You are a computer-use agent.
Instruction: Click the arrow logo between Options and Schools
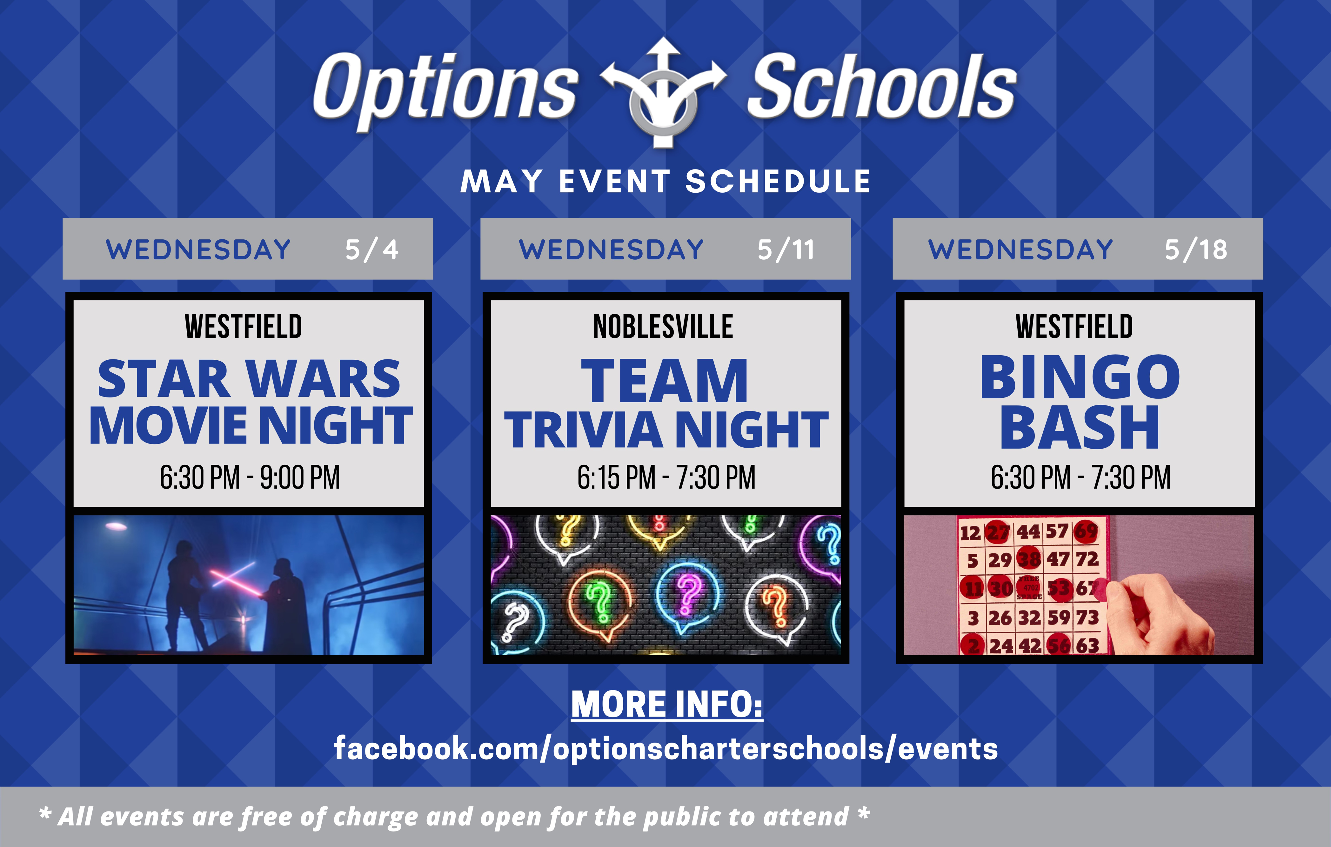tap(663, 93)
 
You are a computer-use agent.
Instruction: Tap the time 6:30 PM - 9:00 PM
tap(250, 477)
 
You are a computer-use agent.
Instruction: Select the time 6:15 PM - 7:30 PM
tap(666, 477)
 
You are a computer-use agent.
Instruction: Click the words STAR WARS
tap(249, 379)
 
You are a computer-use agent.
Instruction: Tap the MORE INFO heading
tap(666, 704)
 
